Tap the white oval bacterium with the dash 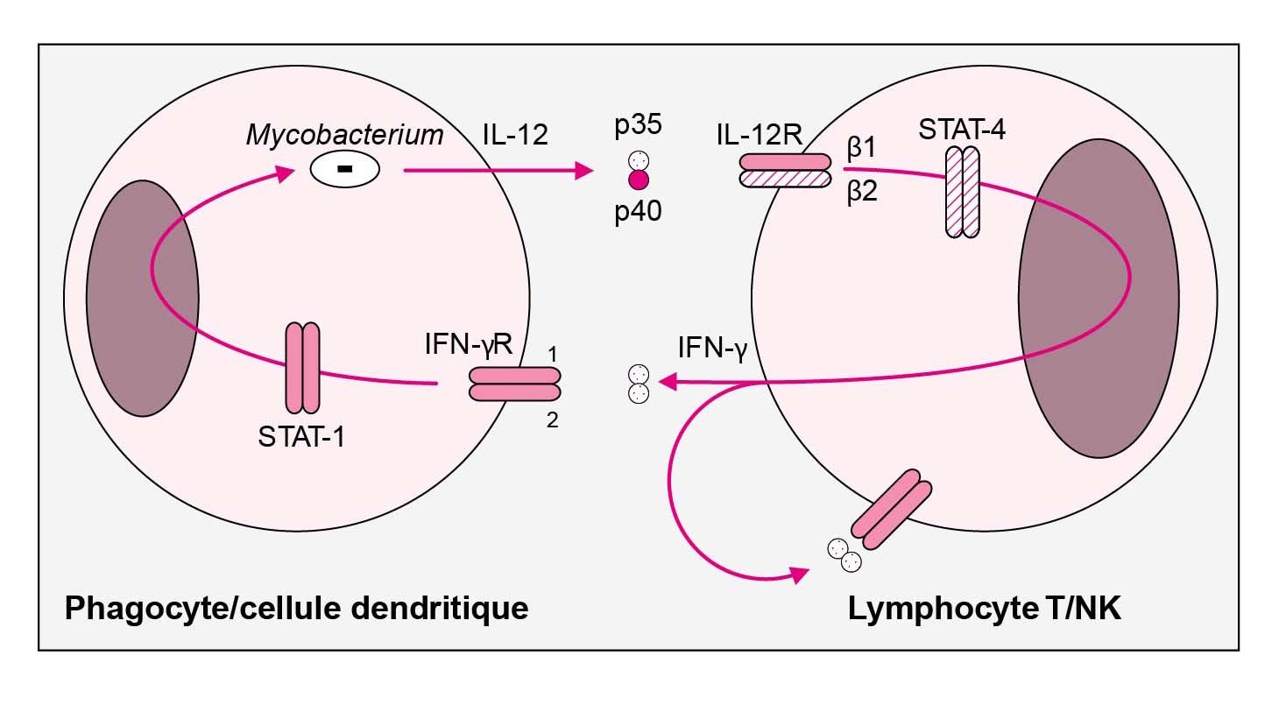[x=345, y=170]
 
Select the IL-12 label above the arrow [x=516, y=135]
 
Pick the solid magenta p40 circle [x=638, y=180]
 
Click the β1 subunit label [x=861, y=149]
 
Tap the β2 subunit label [x=861, y=193]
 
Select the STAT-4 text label [x=961, y=129]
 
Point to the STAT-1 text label [x=300, y=435]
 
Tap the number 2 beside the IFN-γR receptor [x=551, y=419]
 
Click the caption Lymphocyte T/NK [x=984, y=608]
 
